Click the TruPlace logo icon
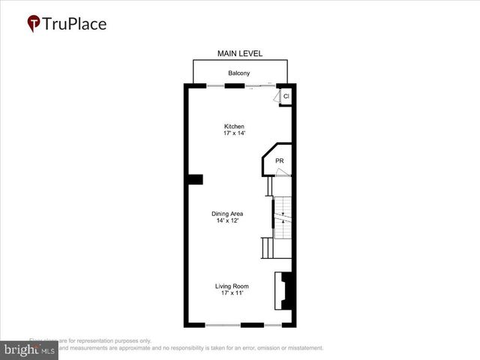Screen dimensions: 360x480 click(x=34, y=23)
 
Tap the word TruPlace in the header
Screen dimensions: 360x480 click(x=75, y=23)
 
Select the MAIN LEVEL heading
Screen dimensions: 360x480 click(x=239, y=53)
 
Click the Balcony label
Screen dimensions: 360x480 click(x=239, y=73)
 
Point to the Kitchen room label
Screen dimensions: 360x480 click(x=234, y=126)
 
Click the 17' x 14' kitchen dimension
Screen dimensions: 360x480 click(x=234, y=133)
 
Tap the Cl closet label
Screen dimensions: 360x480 click(x=286, y=97)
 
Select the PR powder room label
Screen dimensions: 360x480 click(x=279, y=161)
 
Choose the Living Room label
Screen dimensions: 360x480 click(x=231, y=286)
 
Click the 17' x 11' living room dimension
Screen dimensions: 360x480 click(x=231, y=293)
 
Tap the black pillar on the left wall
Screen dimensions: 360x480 click(x=195, y=178)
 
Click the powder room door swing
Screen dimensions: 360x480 click(x=280, y=173)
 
